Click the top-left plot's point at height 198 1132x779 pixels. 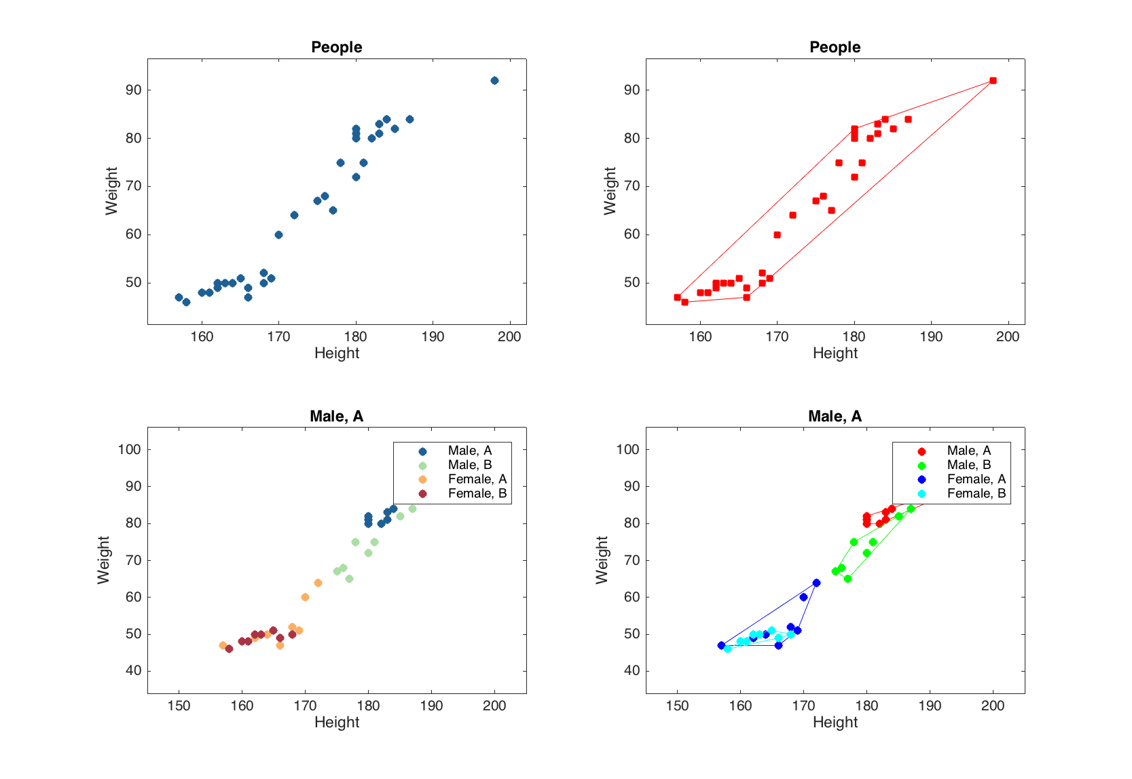pyautogui.click(x=494, y=80)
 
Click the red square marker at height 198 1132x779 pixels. pyautogui.click(x=993, y=80)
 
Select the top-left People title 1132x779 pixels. pyautogui.click(x=336, y=47)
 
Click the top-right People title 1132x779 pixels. pyautogui.click(x=835, y=47)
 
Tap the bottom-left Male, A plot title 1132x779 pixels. pyautogui.click(x=336, y=416)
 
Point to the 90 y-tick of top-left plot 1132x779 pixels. pyautogui.click(x=133, y=90)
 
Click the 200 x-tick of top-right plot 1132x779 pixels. pyautogui.click(x=1008, y=336)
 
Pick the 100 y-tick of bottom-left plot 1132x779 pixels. pyautogui.click(x=129, y=449)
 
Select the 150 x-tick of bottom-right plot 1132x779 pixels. pyautogui.click(x=677, y=706)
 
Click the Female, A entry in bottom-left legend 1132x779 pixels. pyautogui.click(x=477, y=479)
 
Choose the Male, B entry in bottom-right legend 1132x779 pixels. pyautogui.click(x=968, y=465)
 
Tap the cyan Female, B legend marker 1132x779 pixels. pyautogui.click(x=921, y=494)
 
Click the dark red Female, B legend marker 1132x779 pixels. pyautogui.click(x=422, y=494)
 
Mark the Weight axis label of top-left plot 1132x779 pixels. pyautogui.click(x=111, y=191)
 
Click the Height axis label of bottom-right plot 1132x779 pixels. pyautogui.click(x=835, y=722)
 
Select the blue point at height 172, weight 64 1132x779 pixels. pyautogui.click(x=816, y=583)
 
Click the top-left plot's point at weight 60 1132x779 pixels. pyautogui.click(x=278, y=235)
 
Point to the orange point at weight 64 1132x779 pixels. pyautogui.click(x=318, y=583)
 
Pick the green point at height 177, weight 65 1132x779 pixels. pyautogui.click(x=847, y=578)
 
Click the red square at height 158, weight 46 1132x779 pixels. pyautogui.click(x=684, y=302)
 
